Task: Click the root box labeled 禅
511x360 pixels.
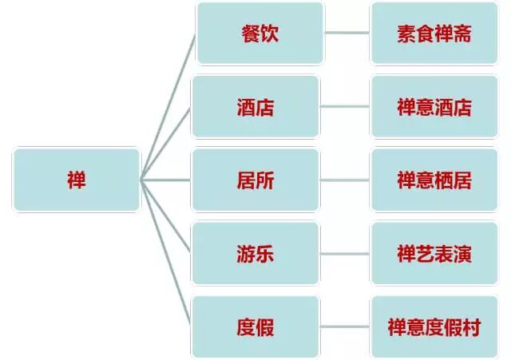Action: click(x=76, y=180)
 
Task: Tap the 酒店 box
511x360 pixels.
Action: click(x=255, y=107)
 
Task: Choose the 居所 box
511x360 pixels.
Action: click(x=255, y=180)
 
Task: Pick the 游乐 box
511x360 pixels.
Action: click(x=255, y=253)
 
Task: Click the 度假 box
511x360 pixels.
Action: click(x=255, y=326)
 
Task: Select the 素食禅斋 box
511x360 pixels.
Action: click(x=434, y=34)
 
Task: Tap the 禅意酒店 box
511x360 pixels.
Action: click(x=434, y=107)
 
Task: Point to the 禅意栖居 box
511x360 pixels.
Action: click(x=434, y=180)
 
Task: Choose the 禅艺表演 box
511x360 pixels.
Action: click(x=434, y=253)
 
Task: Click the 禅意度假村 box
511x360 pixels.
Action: click(x=434, y=326)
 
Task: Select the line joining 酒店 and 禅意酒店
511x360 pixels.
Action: click(x=345, y=107)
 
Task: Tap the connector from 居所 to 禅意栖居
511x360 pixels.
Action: click(x=345, y=180)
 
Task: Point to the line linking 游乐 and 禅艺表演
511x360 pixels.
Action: click(x=345, y=253)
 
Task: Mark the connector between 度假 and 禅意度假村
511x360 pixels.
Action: click(x=345, y=326)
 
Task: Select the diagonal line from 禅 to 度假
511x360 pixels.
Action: click(x=168, y=255)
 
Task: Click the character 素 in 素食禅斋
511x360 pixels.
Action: click(x=405, y=34)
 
